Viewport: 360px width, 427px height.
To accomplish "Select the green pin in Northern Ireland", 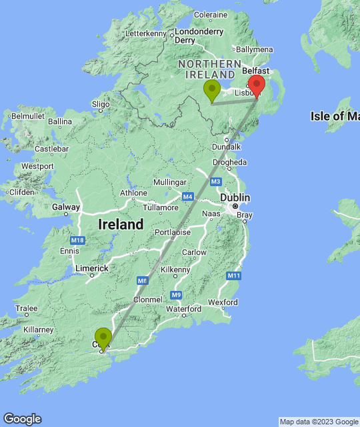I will click(212, 90).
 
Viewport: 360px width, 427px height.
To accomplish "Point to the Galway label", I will click(65, 207).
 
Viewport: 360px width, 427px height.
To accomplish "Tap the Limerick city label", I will click(91, 268).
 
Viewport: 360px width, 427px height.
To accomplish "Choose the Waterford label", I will click(184, 309).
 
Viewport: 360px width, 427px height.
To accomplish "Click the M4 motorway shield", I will click(187, 197).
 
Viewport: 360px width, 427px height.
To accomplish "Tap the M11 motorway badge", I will click(233, 276).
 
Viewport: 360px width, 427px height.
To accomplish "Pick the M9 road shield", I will click(176, 294).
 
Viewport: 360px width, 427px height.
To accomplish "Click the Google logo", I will click(22, 418).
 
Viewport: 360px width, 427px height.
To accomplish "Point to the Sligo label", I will click(101, 104).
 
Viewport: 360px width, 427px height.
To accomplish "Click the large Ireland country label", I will click(121, 224).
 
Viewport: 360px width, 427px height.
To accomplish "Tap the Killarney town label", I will click(37, 330).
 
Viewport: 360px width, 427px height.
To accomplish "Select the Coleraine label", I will click(211, 14).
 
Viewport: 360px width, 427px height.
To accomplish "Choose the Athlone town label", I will click(133, 193).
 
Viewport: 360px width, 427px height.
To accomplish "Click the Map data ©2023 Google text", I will click(319, 422).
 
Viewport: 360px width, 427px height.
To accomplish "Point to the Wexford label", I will click(223, 302).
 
